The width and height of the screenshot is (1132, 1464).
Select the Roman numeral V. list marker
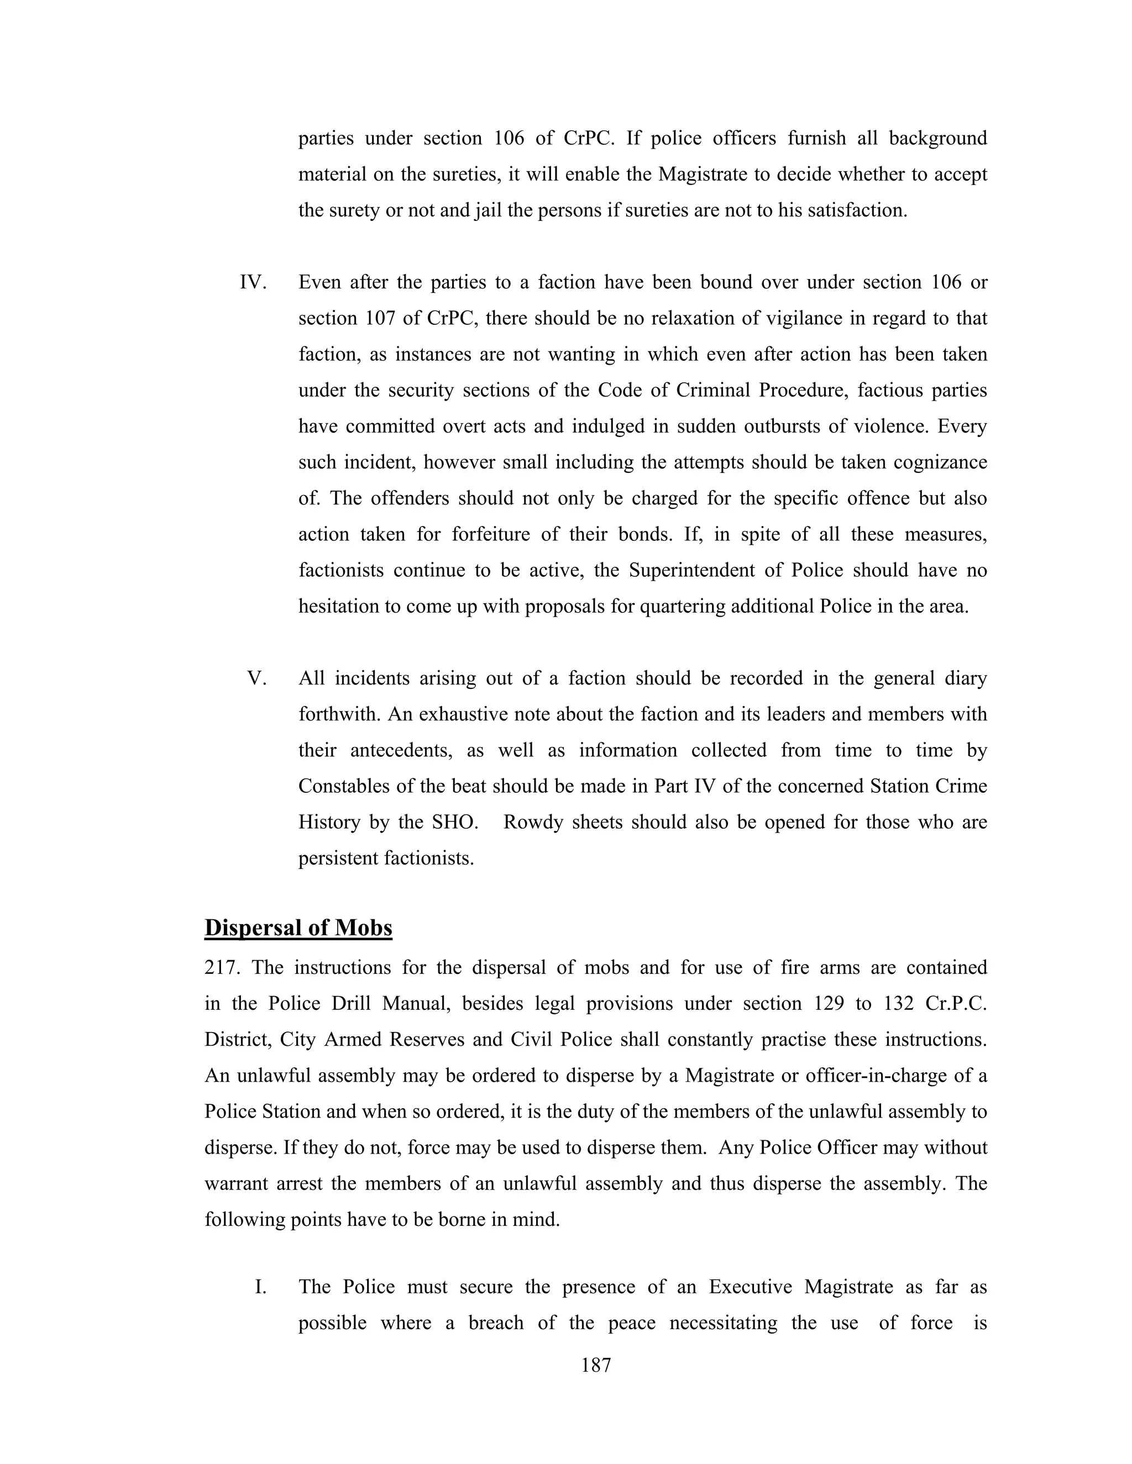pyautogui.click(x=257, y=678)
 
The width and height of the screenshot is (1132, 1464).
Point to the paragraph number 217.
pyautogui.click(x=224, y=967)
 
